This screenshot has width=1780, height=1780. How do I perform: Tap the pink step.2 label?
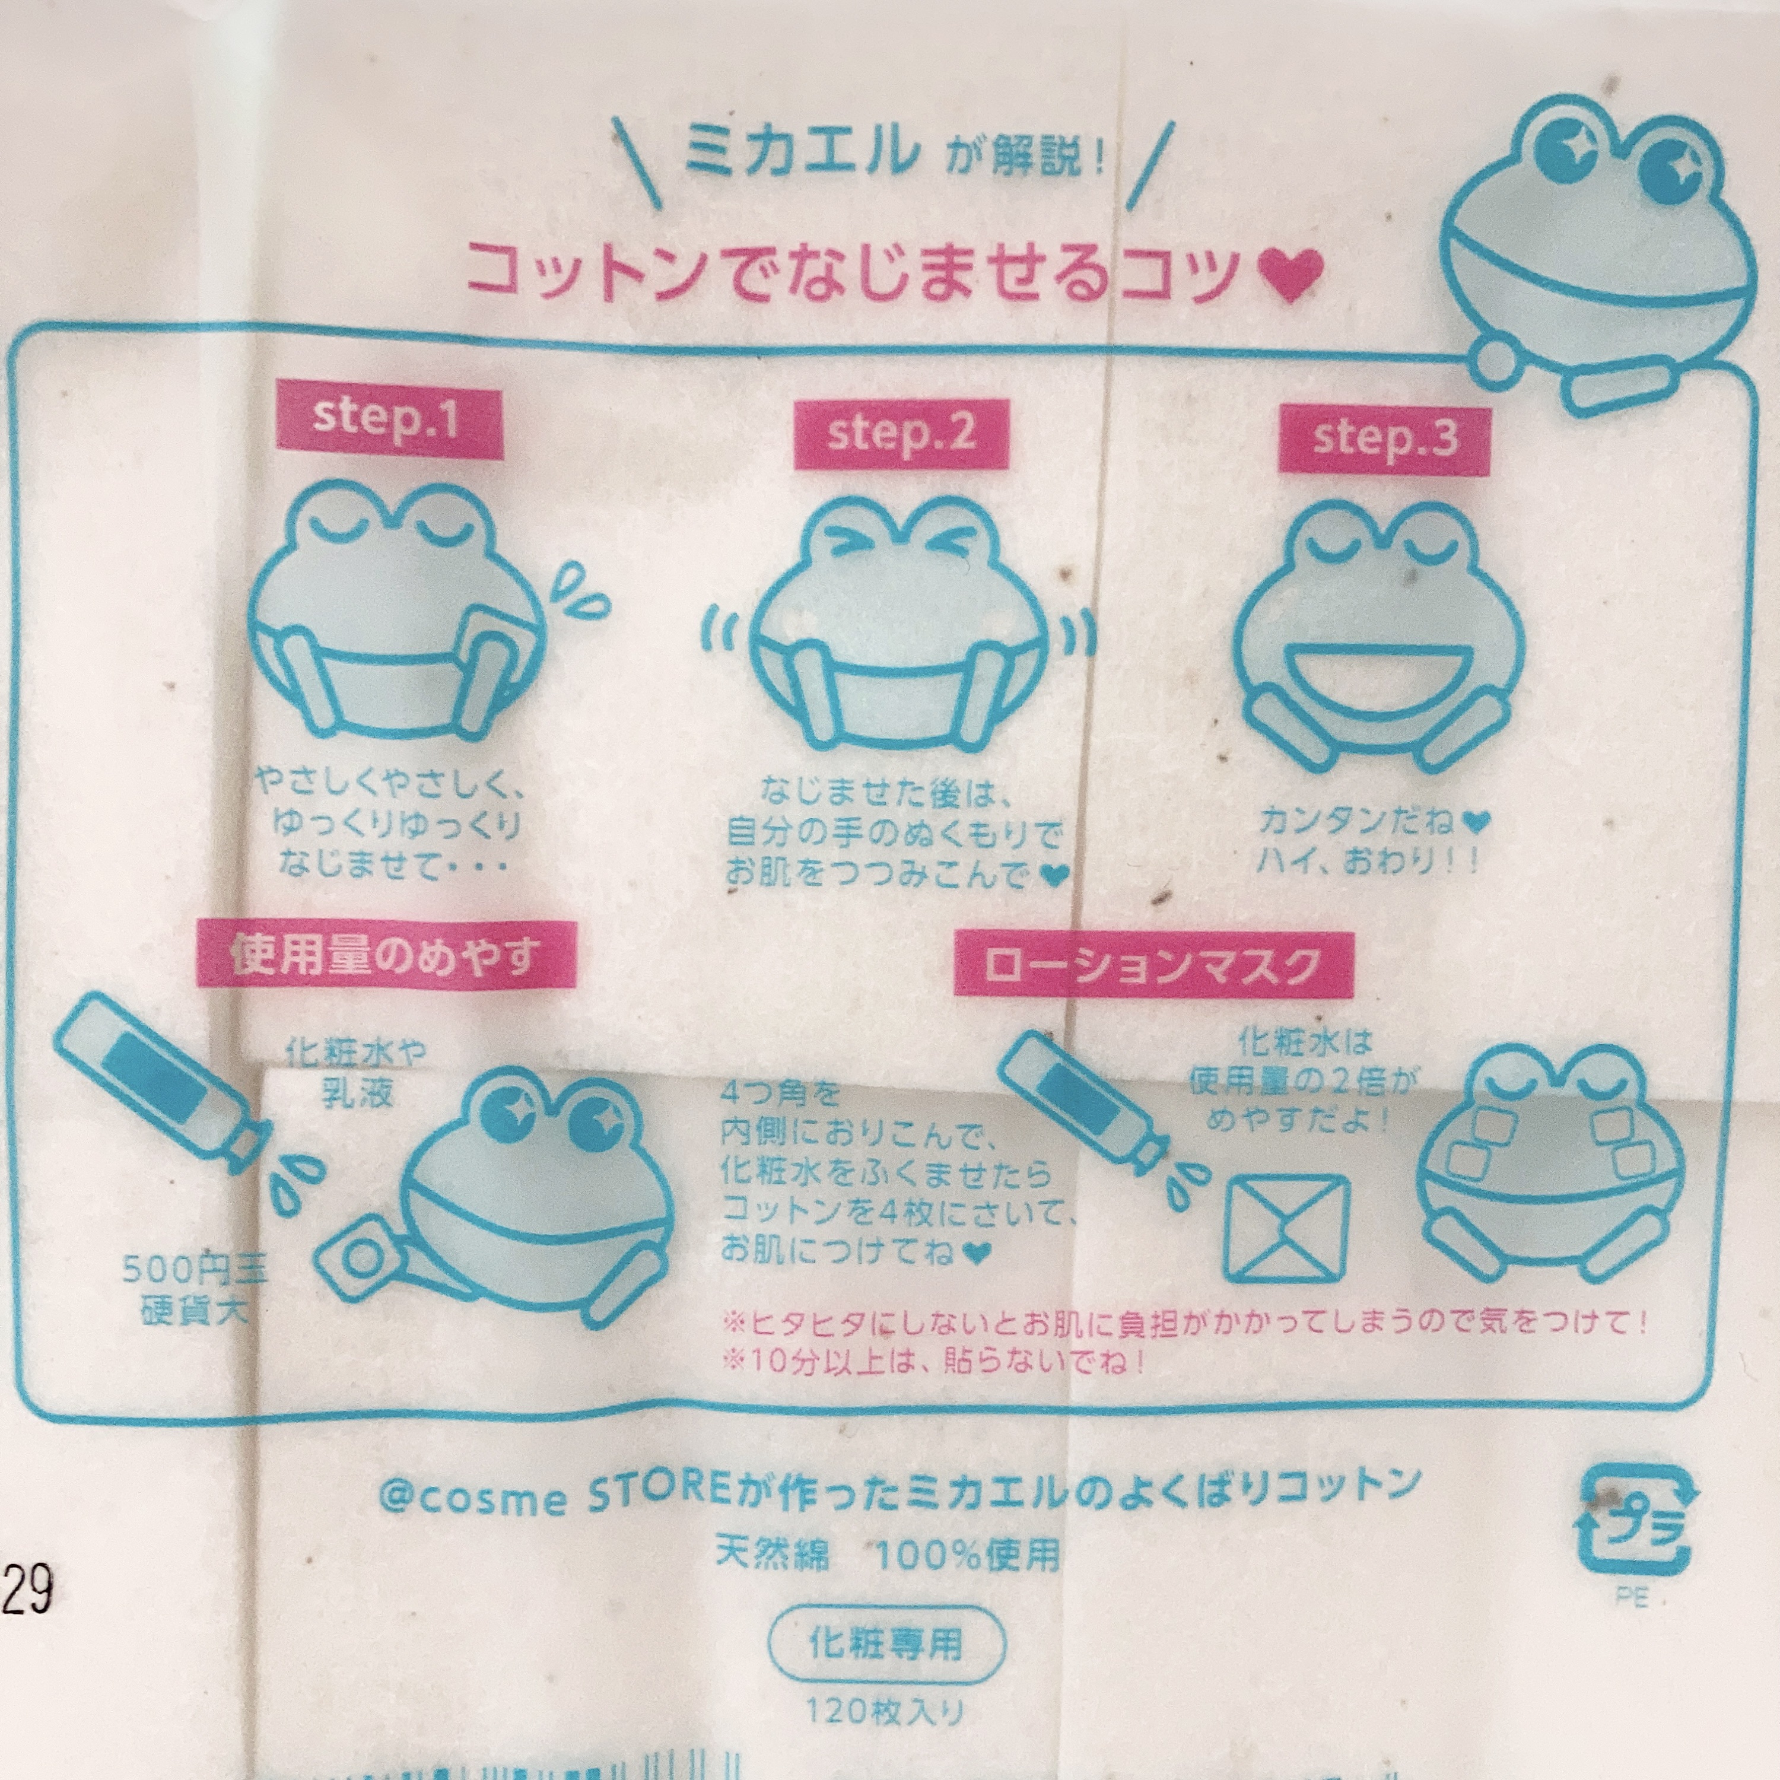tap(902, 434)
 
